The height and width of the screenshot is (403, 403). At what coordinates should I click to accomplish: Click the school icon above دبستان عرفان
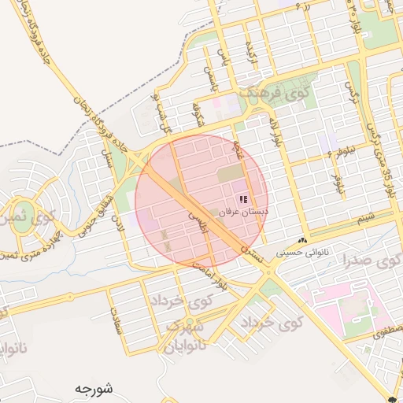click(243, 198)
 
